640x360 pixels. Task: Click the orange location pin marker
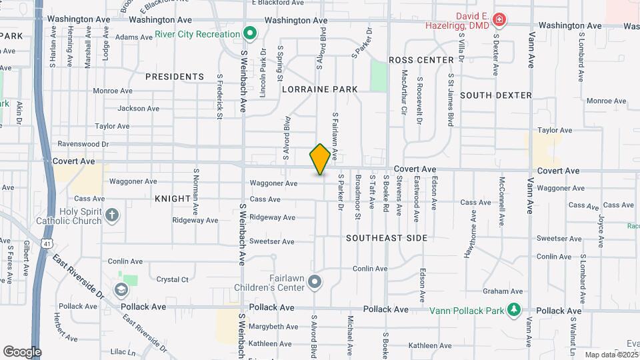tap(320, 159)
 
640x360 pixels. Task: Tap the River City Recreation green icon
tap(250, 33)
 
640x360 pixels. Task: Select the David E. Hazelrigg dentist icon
tap(498, 21)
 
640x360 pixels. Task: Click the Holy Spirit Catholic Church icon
tap(113, 215)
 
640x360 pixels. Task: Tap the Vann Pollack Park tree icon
tap(513, 309)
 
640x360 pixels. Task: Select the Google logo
tap(22, 351)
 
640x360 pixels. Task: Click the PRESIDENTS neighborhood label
tap(175, 77)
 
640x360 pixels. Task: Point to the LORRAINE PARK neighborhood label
tap(319, 89)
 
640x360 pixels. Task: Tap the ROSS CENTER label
tap(421, 60)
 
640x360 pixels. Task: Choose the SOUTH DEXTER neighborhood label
tap(496, 95)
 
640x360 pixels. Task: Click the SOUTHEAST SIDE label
tap(387, 237)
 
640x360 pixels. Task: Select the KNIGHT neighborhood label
tap(172, 199)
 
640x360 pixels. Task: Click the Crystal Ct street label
tap(173, 281)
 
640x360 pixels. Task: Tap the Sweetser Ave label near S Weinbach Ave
tap(271, 241)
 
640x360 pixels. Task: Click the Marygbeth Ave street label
tap(273, 327)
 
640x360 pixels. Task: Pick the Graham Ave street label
tap(503, 291)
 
